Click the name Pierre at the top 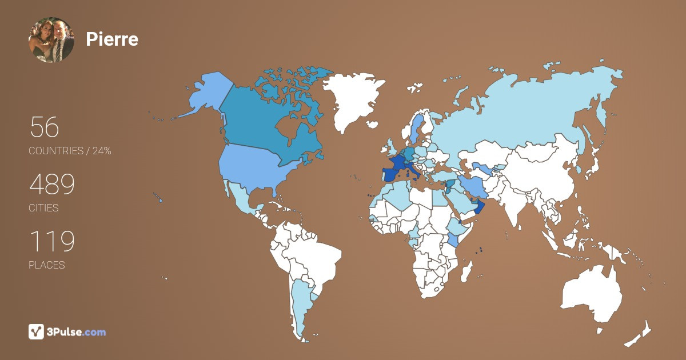click(112, 39)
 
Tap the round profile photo click(51, 39)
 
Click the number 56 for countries click(45, 127)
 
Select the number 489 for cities click(52, 185)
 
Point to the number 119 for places click(52, 242)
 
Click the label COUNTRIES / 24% click(70, 151)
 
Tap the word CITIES click(43, 208)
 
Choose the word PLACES click(47, 265)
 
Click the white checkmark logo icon click(37, 331)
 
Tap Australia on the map click(592, 294)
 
